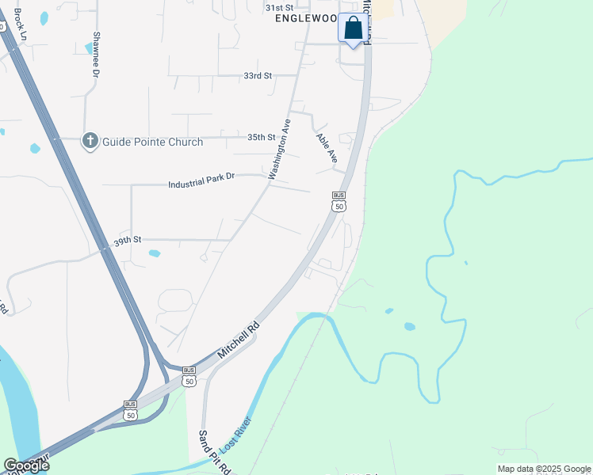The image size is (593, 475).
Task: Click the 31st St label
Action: (x=278, y=6)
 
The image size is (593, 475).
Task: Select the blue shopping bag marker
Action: (x=354, y=29)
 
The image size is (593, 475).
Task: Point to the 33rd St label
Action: (x=258, y=76)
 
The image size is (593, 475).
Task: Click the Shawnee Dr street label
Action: (x=95, y=55)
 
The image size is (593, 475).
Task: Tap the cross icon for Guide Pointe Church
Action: (x=90, y=142)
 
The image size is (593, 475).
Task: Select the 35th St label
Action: (x=261, y=137)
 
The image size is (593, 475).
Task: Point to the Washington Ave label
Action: (x=280, y=149)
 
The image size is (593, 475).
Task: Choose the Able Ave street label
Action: (x=327, y=148)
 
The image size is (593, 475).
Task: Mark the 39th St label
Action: (x=127, y=239)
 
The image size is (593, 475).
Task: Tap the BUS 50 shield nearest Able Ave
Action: (x=339, y=201)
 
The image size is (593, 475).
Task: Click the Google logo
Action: (x=26, y=465)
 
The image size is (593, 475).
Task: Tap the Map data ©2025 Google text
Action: (x=544, y=469)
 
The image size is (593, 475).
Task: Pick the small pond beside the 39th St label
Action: (x=154, y=253)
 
